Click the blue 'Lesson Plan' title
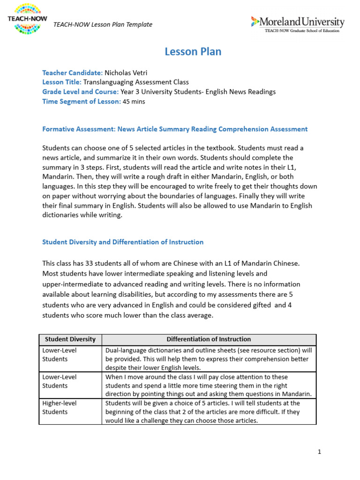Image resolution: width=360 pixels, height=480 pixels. (193, 52)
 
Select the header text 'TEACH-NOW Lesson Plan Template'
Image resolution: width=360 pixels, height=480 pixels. (103, 24)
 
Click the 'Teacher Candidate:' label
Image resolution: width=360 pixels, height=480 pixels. (72, 73)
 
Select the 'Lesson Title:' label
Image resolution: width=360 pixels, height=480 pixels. (61, 82)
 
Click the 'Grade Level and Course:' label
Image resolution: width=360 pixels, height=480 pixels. (80, 92)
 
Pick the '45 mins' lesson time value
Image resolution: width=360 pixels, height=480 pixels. (134, 102)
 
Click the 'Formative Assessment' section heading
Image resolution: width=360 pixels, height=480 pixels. (175, 129)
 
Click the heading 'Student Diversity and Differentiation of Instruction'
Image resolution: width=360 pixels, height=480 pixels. (123, 242)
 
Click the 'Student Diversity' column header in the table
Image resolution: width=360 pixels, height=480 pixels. (70, 339)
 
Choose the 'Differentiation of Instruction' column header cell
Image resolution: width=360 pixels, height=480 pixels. (209, 339)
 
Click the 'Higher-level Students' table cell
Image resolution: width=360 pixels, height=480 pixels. (70, 407)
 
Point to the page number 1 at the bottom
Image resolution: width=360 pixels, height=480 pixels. (319, 452)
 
